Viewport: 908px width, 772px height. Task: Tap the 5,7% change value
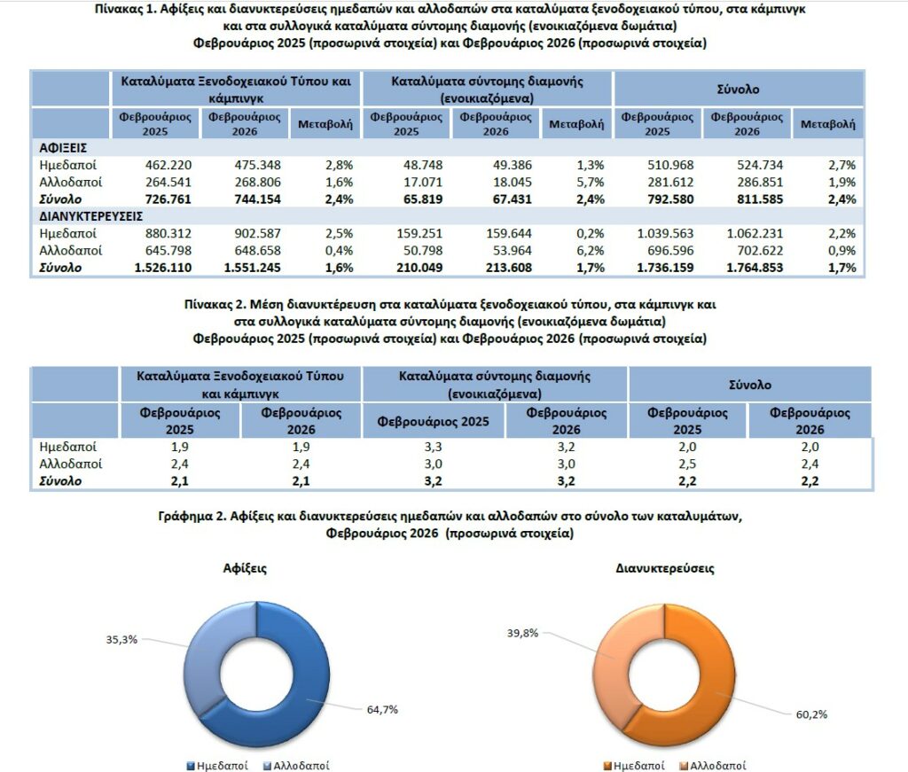(589, 182)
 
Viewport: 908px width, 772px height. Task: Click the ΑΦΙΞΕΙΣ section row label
(62, 148)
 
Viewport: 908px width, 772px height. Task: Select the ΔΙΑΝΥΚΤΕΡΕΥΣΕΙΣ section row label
(91, 215)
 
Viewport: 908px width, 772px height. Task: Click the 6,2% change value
(589, 250)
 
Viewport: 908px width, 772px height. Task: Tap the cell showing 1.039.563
(658, 233)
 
